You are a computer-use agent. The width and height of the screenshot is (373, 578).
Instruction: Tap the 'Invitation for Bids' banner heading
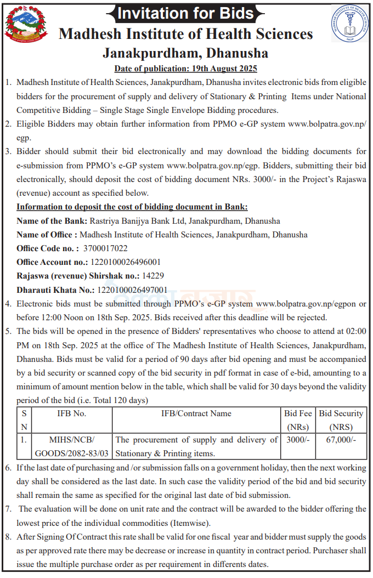[x=187, y=13]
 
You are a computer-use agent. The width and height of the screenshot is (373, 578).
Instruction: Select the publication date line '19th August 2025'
[x=185, y=69]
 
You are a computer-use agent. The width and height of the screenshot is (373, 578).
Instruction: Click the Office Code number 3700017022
[x=105, y=248]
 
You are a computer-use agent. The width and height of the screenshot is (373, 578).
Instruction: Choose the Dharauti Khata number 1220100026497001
[x=132, y=290]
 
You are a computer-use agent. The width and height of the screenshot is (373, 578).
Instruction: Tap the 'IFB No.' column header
[x=72, y=413]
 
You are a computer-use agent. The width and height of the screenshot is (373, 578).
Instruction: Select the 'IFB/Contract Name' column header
[x=196, y=413]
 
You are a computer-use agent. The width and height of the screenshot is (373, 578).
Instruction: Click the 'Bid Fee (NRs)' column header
[x=298, y=420]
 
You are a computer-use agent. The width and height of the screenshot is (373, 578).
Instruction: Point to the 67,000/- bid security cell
[x=341, y=440]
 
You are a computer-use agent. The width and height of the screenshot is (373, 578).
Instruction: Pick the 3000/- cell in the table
[x=298, y=440]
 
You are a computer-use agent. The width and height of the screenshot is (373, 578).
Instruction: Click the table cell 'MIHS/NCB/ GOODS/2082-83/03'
[x=72, y=446]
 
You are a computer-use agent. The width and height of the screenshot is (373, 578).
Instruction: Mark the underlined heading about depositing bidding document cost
[x=132, y=207]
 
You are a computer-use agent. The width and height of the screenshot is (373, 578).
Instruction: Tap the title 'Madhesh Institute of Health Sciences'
[x=185, y=34]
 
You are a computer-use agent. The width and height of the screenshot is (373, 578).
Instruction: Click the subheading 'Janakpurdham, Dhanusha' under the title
[x=185, y=53]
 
